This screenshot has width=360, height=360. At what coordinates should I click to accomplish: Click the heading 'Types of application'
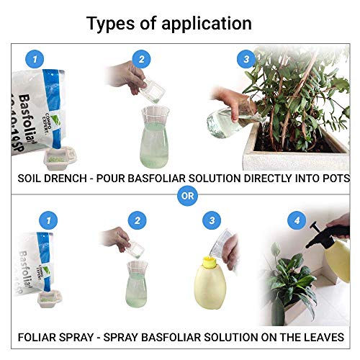[x=169, y=23]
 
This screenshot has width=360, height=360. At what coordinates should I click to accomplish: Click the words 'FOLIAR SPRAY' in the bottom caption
[x=55, y=336]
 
